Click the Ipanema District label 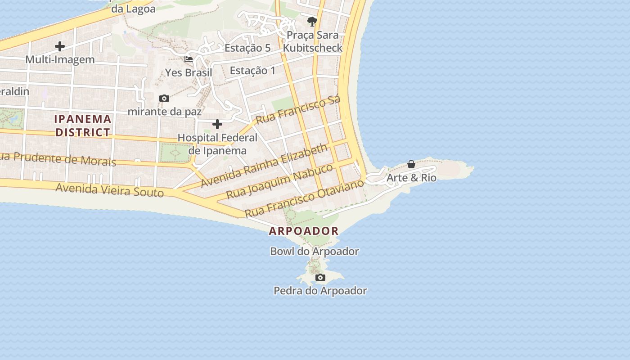point(83,126)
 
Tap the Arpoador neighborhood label point(304,231)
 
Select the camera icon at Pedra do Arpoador point(320,277)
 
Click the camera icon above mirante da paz point(164,98)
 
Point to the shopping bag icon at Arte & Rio point(411,165)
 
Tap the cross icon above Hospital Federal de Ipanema point(217,124)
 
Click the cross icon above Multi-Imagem point(60,46)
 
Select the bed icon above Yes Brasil point(189,59)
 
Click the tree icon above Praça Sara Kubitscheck point(312,21)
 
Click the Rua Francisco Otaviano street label point(304,198)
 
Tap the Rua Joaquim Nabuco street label point(279,181)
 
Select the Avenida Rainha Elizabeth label point(264,165)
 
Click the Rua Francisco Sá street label point(298,110)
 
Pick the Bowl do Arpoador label point(315,251)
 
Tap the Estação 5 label point(247,48)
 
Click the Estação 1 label point(252,71)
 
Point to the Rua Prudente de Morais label point(58,159)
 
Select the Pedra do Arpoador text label point(320,291)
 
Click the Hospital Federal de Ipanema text point(217,144)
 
